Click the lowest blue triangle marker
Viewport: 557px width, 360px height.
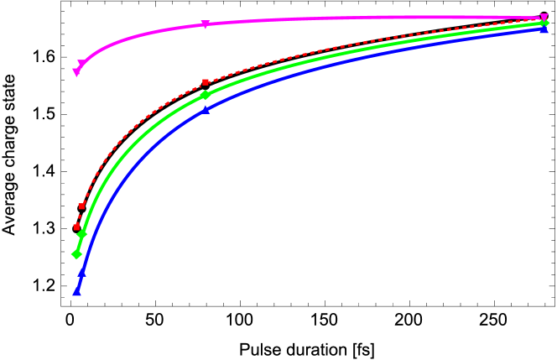click(76, 291)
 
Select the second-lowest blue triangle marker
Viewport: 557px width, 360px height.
click(81, 272)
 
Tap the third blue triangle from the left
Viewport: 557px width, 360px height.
click(206, 110)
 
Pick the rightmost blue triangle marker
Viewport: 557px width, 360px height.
click(544, 29)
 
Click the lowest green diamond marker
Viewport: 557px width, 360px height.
click(76, 254)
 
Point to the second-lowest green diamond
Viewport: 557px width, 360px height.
click(81, 234)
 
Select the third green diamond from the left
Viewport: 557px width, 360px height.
click(206, 95)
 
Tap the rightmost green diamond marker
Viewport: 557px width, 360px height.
click(544, 23)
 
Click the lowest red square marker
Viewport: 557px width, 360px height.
click(76, 227)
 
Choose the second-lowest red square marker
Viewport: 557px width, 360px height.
click(81, 206)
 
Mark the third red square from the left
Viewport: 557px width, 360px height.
click(206, 82)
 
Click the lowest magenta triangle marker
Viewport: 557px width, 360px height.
click(76, 73)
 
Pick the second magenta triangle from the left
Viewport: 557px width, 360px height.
click(81, 64)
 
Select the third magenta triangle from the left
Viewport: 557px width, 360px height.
click(206, 24)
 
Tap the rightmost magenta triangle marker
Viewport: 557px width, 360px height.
click(544, 18)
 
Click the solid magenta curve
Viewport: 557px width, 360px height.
click(336, 18)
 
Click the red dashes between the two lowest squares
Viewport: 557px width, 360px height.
click(79, 216)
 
